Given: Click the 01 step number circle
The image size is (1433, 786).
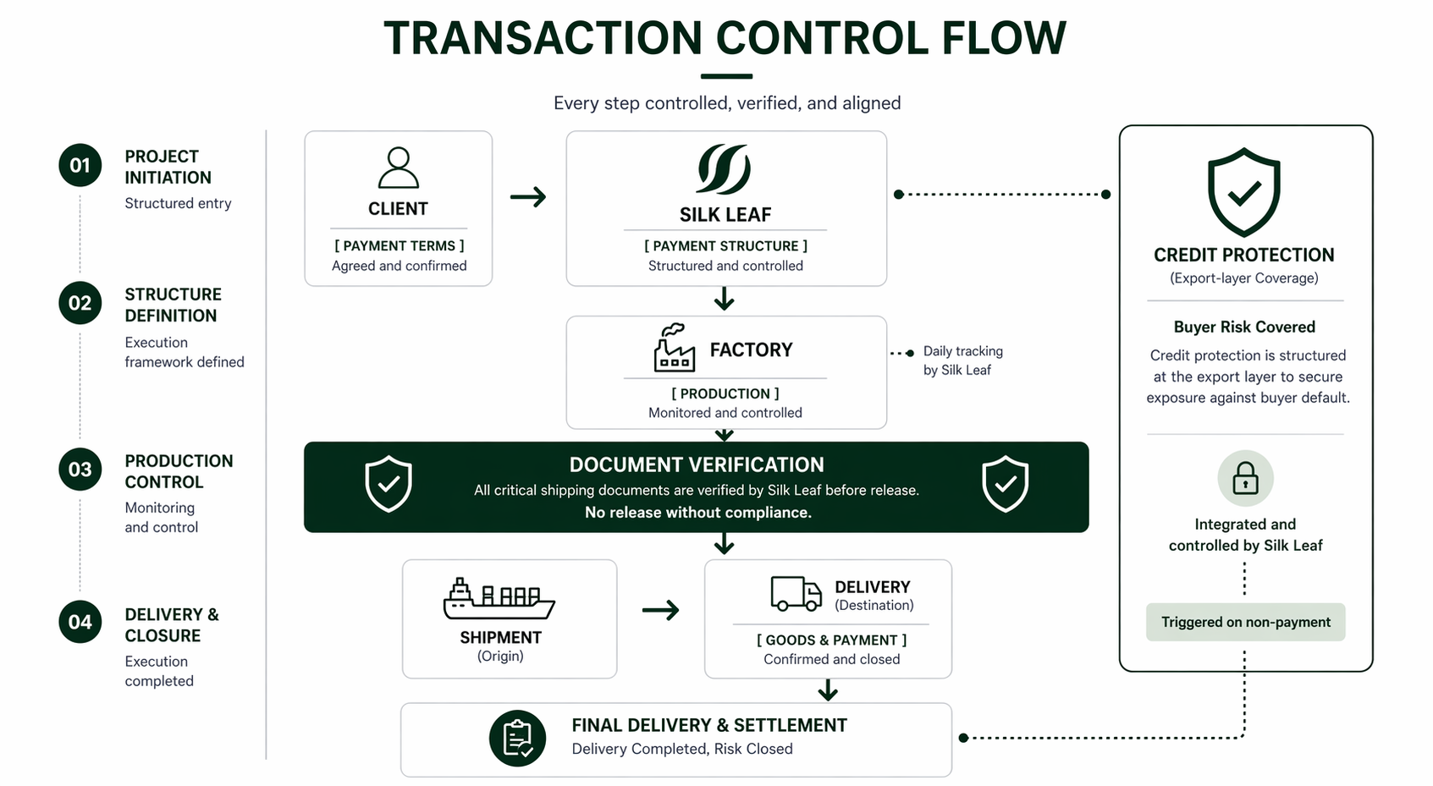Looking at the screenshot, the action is coord(80,165).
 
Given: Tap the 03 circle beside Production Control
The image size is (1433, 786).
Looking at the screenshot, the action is coord(80,470).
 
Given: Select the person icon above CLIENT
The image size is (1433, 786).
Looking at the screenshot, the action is coord(398,168).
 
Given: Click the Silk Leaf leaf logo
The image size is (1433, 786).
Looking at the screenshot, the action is coord(725,169).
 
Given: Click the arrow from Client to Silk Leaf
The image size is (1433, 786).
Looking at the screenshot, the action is coord(528,196).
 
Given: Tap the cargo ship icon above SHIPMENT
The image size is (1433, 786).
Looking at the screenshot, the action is coord(499,599).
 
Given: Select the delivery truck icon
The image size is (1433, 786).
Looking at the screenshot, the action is coord(796,593).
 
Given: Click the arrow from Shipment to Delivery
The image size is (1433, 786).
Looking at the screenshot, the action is coord(661,610).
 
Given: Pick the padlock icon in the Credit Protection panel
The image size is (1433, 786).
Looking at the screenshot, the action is coord(1245,478).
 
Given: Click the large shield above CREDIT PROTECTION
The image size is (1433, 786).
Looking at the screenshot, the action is coord(1243,193).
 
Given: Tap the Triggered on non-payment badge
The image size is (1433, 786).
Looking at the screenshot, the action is coord(1246,622).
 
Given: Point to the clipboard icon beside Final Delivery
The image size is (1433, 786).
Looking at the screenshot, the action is coord(517,738).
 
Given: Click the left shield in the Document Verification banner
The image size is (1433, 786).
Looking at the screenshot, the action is coord(389,484).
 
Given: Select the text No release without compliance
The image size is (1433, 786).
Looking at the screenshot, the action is coord(698,512).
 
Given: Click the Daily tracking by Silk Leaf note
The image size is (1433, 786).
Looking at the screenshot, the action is coord(962,360).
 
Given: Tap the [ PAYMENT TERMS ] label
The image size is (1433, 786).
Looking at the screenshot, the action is coord(400,245).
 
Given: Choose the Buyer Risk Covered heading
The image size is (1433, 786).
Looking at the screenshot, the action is coord(1244,327).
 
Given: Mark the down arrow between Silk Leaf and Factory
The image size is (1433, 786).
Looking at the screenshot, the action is coord(725,299).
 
